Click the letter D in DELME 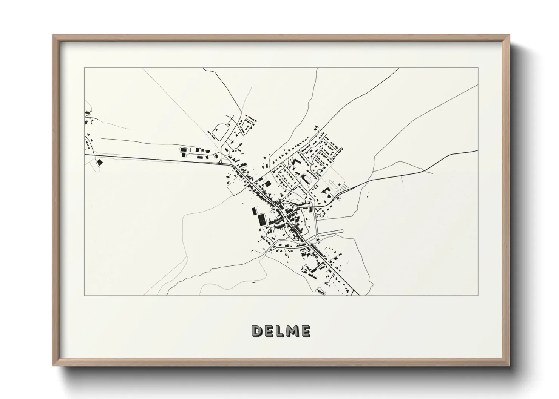point(258,331)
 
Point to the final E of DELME point(306,331)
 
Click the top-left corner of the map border point(84,68)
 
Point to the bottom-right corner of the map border point(478,295)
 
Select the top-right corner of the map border point(478,68)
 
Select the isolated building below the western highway point(100,162)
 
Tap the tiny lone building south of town point(254,282)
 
